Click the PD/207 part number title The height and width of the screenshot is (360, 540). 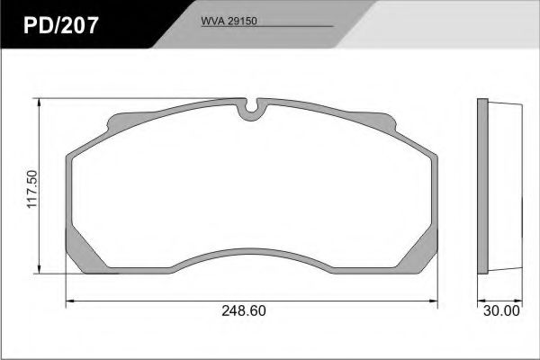(61, 25)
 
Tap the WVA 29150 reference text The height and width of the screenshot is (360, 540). (229, 21)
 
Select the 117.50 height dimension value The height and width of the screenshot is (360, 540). (32, 189)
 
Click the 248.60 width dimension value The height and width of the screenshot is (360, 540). (244, 310)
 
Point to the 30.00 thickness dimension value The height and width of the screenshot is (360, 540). (501, 310)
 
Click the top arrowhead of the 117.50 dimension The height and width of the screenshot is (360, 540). (40, 103)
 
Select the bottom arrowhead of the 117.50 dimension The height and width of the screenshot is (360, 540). (40, 270)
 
